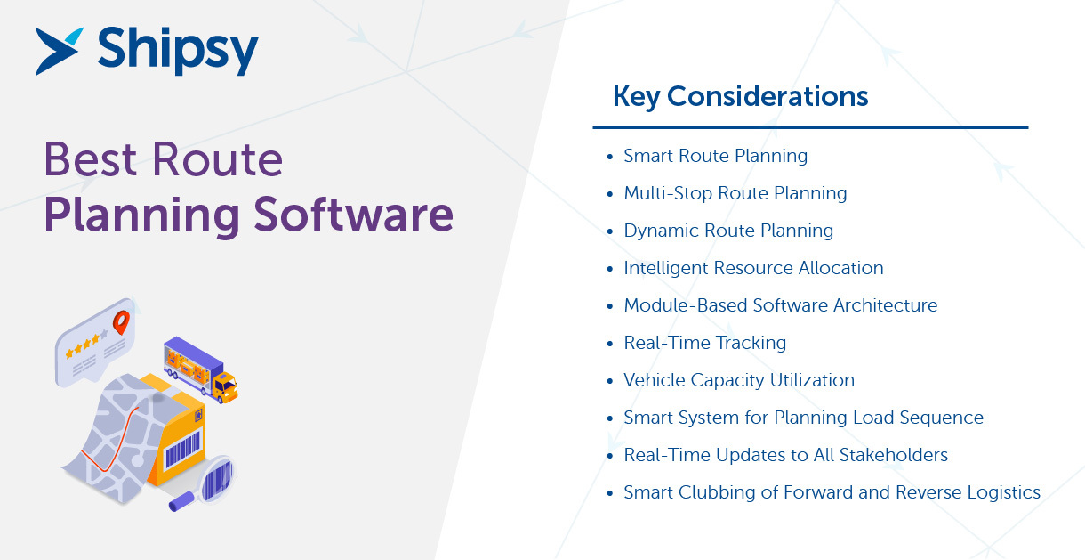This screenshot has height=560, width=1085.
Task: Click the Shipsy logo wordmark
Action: click(178, 51)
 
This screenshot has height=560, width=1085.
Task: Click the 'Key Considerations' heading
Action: click(740, 96)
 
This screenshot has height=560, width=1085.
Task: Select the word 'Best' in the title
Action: click(90, 160)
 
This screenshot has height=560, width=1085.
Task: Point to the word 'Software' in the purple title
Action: click(353, 215)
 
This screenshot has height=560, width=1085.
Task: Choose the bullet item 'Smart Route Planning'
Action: click(715, 156)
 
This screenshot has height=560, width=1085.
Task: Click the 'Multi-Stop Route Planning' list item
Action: click(735, 193)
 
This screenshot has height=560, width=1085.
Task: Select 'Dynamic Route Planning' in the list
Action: click(727, 231)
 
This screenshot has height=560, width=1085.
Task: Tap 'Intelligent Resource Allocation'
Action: click(753, 268)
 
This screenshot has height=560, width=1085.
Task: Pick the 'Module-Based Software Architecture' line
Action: click(780, 305)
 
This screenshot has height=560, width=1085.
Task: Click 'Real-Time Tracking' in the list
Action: click(704, 343)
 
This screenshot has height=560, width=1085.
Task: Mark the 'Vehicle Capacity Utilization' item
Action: click(738, 380)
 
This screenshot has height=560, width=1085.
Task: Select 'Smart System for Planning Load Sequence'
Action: click(803, 418)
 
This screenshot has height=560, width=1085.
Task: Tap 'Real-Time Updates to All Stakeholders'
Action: click(785, 455)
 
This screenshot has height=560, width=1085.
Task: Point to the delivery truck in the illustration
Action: click(199, 368)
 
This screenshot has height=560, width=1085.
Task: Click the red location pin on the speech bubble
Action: click(120, 321)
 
